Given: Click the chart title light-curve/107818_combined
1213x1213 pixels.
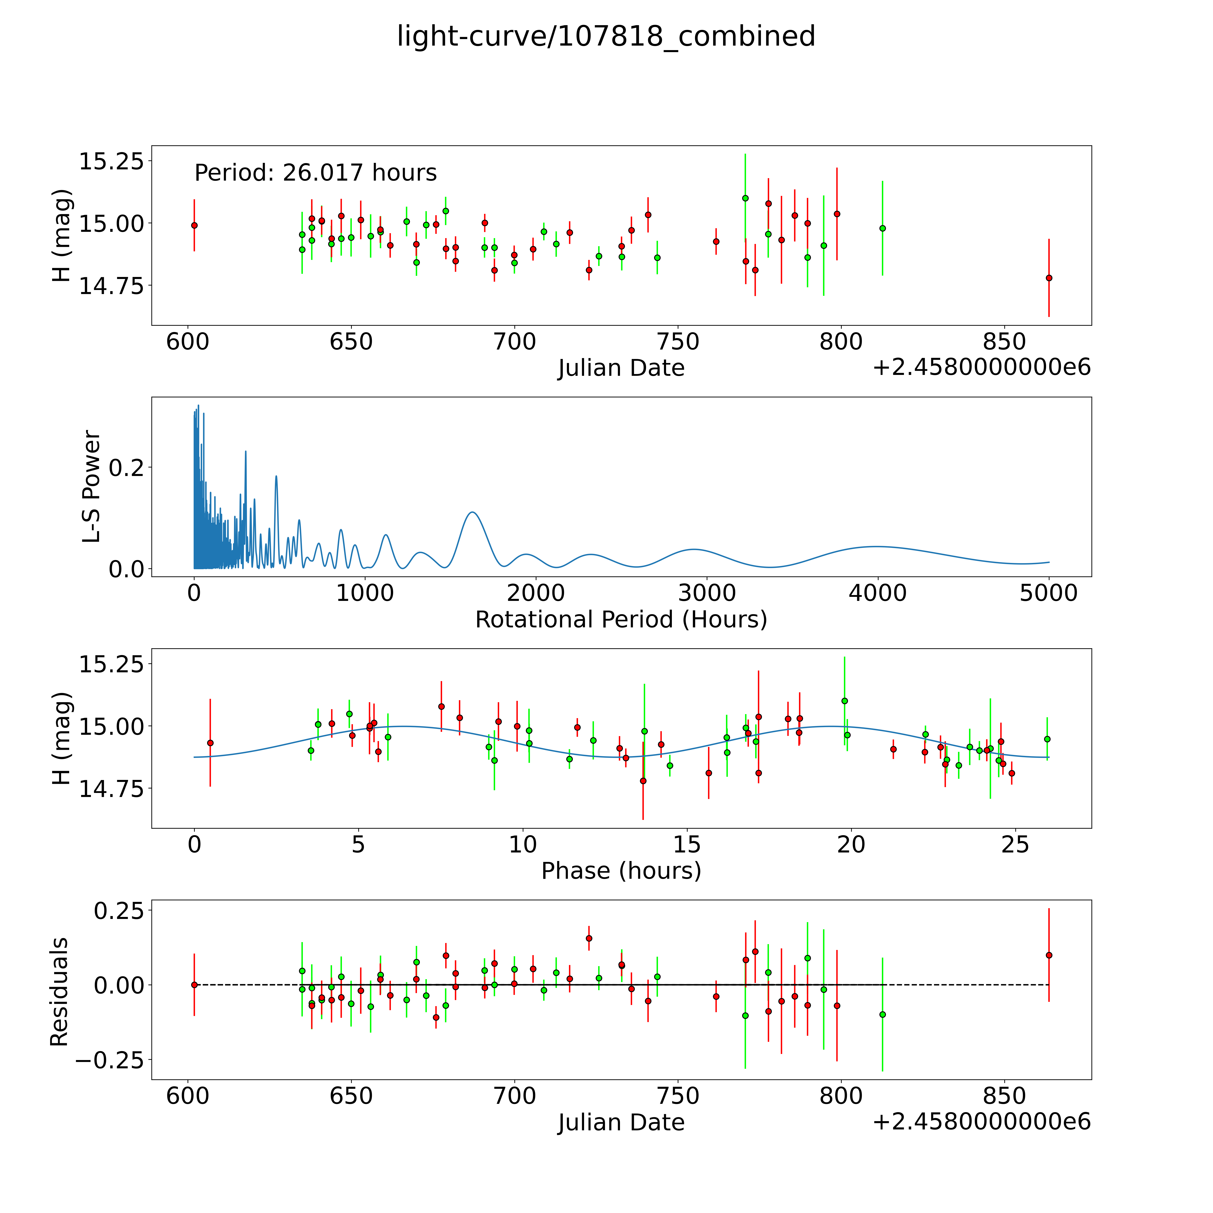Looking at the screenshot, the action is point(606,36).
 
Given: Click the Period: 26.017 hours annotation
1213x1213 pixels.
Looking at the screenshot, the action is point(315,173).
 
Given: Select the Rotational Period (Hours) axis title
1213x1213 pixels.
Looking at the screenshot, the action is point(621,620).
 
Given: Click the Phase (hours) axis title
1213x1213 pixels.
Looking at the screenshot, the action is point(621,871).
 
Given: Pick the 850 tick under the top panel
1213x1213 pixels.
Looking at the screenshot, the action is point(1003,342).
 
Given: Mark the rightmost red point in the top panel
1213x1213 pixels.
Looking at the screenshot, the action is point(1049,277).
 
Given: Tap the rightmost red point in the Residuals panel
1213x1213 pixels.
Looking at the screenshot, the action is point(1049,955).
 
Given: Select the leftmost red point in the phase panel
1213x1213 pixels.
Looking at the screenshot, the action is point(210,743).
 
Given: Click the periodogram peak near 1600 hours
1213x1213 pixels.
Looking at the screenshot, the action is point(472,512).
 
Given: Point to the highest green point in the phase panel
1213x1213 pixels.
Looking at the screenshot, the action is point(844,701).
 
